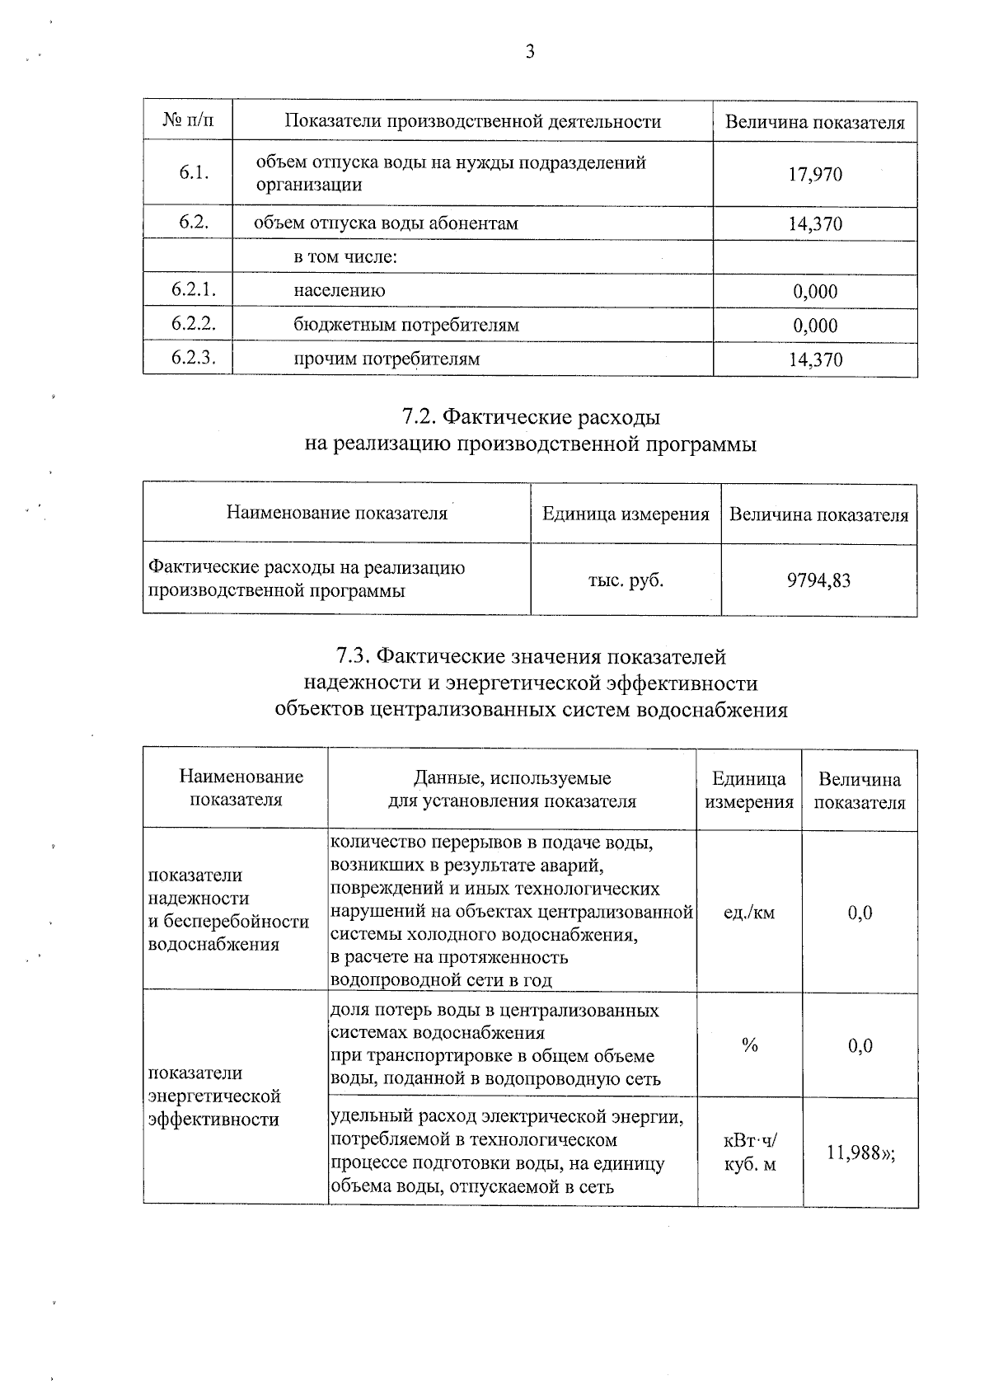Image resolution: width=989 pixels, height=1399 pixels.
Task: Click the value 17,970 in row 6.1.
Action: click(815, 175)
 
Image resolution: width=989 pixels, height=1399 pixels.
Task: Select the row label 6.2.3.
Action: click(193, 358)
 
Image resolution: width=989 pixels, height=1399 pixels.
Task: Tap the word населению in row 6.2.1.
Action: click(340, 290)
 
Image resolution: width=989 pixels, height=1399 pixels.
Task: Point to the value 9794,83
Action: click(818, 580)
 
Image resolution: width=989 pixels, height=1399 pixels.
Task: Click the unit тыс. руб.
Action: click(626, 580)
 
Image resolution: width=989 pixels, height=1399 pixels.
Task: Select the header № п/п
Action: click(188, 121)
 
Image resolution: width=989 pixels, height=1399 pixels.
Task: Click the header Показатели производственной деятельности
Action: click(472, 122)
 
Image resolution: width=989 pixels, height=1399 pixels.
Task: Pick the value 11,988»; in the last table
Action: click(860, 1153)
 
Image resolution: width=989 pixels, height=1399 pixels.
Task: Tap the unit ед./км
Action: click(748, 913)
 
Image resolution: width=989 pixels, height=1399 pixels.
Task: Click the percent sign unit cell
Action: click(749, 1045)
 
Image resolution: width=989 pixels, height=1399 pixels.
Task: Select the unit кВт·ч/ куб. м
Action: click(749, 1153)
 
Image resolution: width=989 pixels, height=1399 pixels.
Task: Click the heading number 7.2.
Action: click(422, 417)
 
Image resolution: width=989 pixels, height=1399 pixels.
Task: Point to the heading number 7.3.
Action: click(355, 657)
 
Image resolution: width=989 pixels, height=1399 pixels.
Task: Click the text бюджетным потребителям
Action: click(406, 325)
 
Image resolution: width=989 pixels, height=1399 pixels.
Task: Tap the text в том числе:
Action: click(346, 256)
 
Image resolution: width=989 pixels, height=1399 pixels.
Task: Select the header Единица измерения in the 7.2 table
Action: click(626, 514)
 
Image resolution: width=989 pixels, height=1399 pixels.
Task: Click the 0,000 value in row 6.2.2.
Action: click(815, 326)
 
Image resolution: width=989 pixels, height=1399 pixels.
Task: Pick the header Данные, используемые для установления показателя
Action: click(512, 789)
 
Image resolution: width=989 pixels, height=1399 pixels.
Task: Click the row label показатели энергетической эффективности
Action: click(214, 1096)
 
